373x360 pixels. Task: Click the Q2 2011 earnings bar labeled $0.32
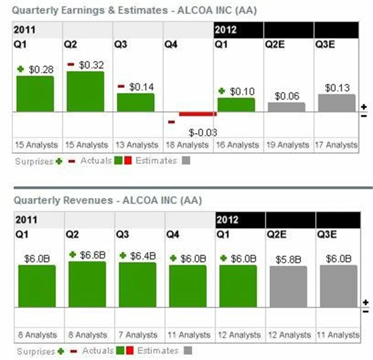click(85, 91)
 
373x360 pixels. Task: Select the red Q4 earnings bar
click(198, 114)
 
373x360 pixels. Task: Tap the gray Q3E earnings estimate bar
click(336, 103)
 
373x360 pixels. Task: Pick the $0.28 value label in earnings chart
click(41, 69)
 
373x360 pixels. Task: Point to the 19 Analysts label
click(287, 144)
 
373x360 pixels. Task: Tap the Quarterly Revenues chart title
click(108, 200)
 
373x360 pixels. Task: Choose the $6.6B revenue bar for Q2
click(87, 284)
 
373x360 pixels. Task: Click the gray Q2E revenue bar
click(287, 286)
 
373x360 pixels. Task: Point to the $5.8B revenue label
click(290, 259)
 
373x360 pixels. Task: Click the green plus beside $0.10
click(222, 91)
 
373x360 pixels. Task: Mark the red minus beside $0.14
click(121, 86)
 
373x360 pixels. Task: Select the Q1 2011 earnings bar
click(35, 93)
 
